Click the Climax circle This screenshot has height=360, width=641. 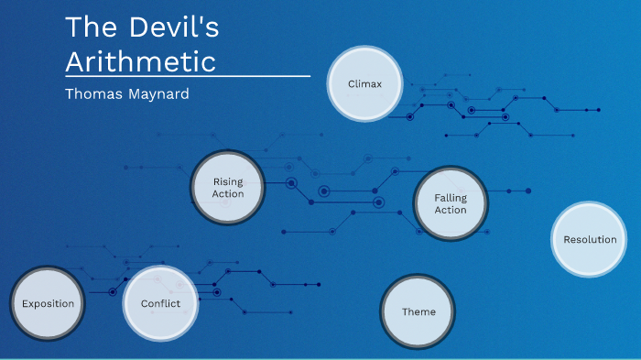click(364, 84)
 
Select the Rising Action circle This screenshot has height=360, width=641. click(228, 188)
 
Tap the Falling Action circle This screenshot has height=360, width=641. click(451, 203)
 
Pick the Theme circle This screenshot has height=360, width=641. click(418, 311)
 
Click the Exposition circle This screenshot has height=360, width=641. click(48, 303)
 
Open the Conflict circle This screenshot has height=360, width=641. click(160, 303)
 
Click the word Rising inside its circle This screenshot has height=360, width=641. click(228, 181)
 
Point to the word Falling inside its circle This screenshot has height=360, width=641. click(451, 197)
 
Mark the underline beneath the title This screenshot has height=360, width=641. click(188, 75)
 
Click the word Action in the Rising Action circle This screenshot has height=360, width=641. click(228, 194)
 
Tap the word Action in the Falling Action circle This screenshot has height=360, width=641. click(451, 210)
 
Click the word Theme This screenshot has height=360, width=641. click(418, 311)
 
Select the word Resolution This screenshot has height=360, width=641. click(590, 239)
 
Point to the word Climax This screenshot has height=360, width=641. click(364, 84)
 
